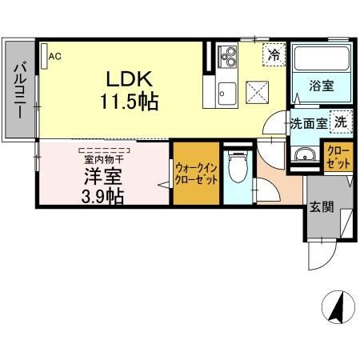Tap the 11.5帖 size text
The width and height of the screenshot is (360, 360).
(129, 102)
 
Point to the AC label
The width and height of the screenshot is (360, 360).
(54, 56)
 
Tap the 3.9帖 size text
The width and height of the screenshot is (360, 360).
(102, 196)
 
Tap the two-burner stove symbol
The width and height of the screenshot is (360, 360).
(228, 57)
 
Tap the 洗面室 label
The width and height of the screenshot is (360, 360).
(309, 124)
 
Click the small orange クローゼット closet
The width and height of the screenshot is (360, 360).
(337, 157)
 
